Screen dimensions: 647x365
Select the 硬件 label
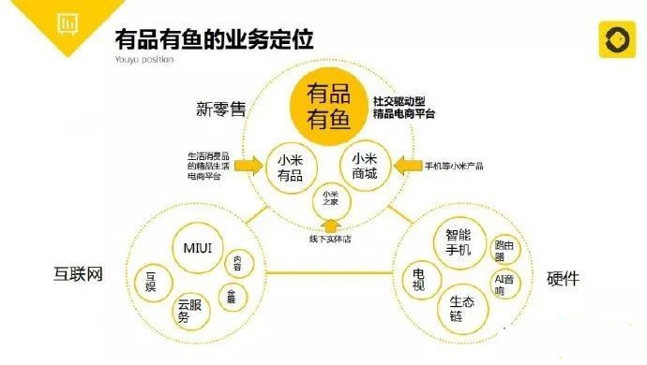(565, 279)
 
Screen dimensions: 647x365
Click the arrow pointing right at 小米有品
(247, 167)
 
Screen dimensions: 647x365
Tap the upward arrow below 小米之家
(329, 226)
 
